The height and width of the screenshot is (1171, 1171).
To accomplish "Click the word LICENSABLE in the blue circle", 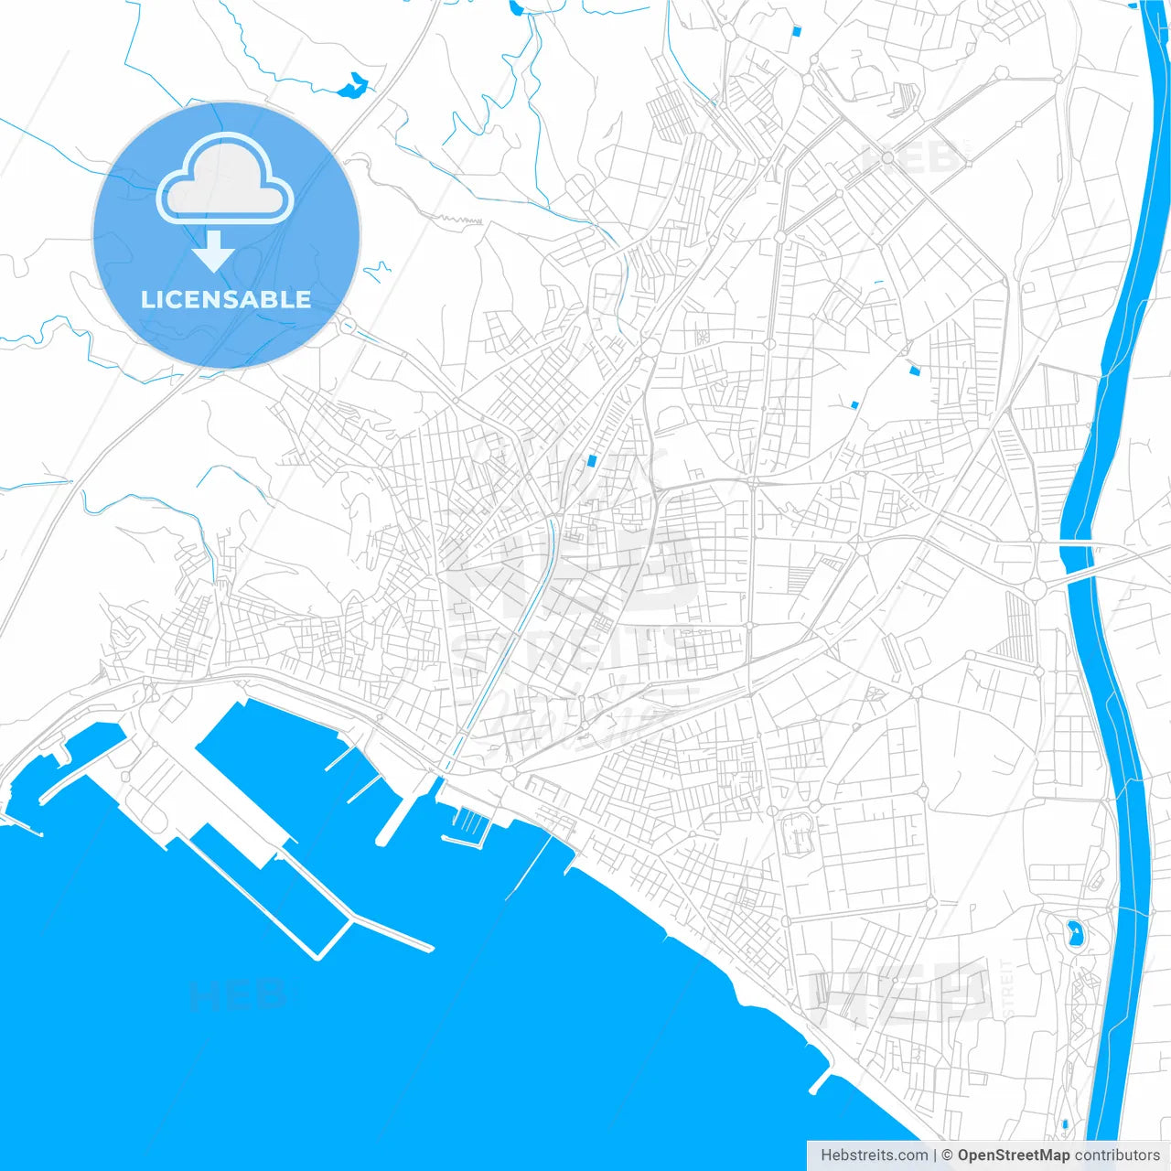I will click(x=226, y=300).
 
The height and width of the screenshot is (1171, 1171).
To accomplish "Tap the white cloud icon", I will click(x=224, y=179).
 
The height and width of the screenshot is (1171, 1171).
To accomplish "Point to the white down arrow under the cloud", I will click(x=214, y=251).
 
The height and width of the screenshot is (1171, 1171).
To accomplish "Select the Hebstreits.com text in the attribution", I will click(x=874, y=1155).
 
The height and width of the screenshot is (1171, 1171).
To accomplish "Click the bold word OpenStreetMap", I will click(x=1014, y=1155).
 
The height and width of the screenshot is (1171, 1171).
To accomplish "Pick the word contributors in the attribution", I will click(x=1117, y=1155).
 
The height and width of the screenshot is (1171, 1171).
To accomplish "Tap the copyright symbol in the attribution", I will click(x=948, y=1155).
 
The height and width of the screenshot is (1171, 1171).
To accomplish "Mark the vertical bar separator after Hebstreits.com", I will click(x=935, y=1155).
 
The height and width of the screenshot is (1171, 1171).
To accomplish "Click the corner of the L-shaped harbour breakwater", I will click(x=317, y=957).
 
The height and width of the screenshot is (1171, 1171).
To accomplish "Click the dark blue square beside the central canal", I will click(x=592, y=460).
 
